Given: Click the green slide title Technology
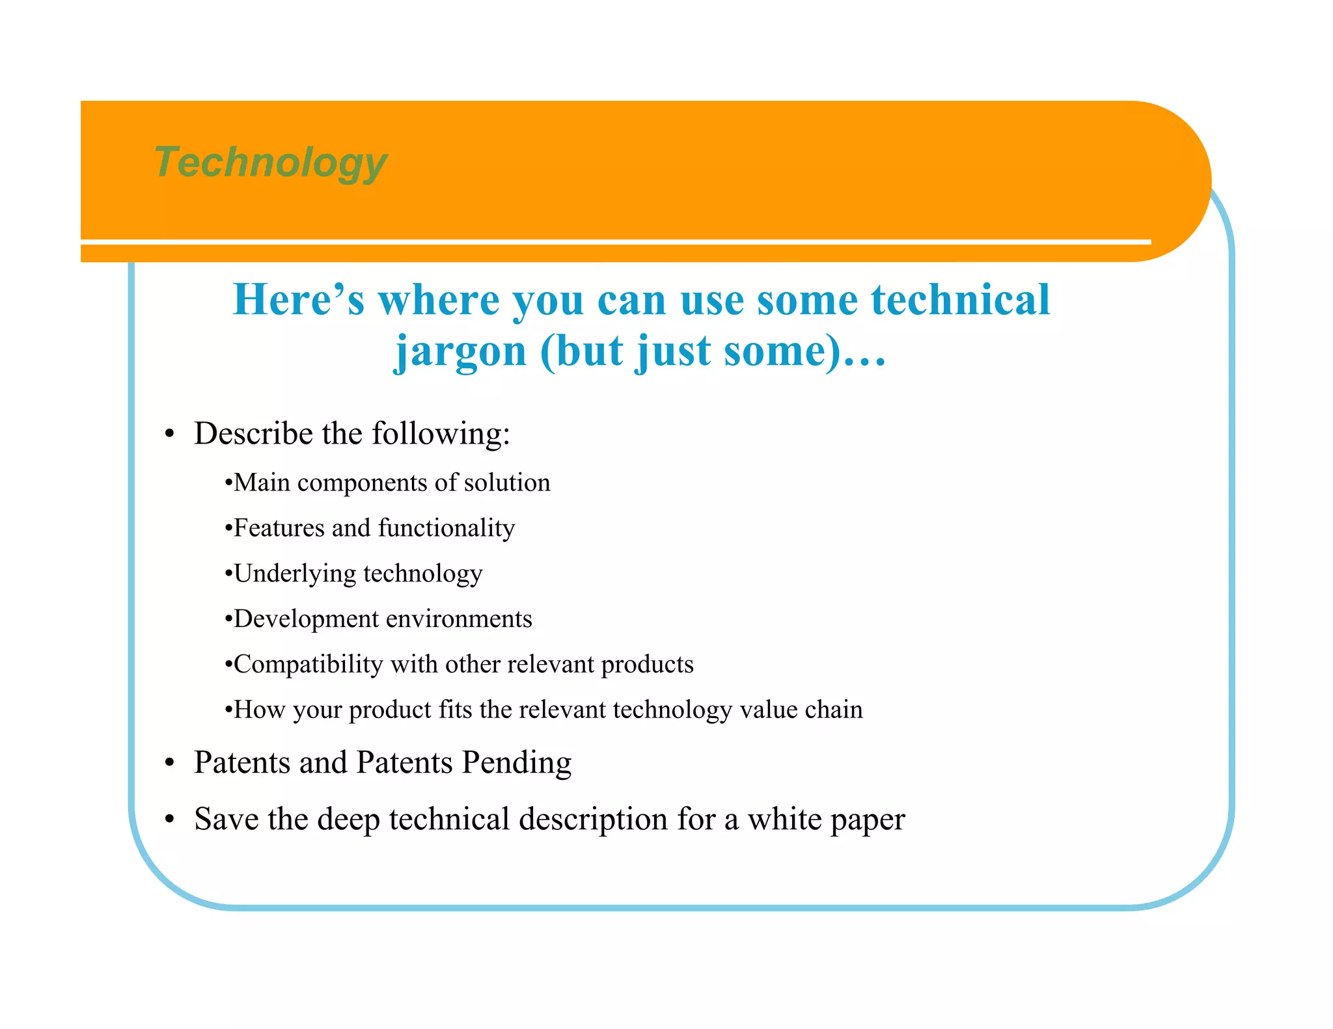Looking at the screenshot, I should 270,162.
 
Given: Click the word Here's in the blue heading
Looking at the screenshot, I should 299,300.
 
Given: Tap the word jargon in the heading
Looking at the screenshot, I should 460,352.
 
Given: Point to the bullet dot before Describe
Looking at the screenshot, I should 170,434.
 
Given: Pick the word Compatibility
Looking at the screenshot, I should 308,664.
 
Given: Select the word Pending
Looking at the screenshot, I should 516,762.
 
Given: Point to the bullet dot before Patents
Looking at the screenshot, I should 170,763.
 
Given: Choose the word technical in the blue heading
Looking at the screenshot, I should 961,300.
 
